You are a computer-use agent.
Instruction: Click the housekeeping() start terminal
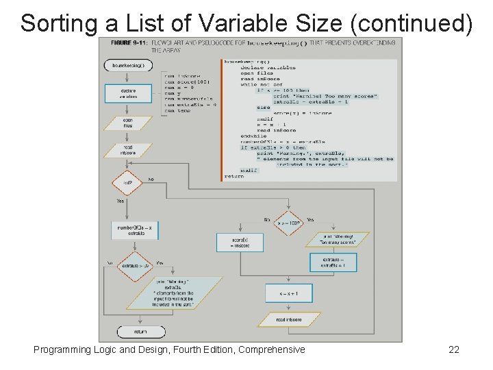128,65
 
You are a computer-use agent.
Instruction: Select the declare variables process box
128,93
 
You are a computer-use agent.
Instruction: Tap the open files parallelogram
128,123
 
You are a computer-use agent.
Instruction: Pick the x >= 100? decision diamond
290,222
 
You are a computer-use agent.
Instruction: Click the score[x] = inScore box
240,242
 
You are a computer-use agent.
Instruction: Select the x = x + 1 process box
288,293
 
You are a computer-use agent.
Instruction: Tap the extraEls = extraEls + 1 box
333,262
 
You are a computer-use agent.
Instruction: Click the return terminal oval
140,332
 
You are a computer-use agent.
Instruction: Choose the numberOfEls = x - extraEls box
136,230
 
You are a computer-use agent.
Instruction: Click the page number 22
453,350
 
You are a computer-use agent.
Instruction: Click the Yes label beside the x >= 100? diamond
310,220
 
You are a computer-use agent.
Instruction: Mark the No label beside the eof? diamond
151,180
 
